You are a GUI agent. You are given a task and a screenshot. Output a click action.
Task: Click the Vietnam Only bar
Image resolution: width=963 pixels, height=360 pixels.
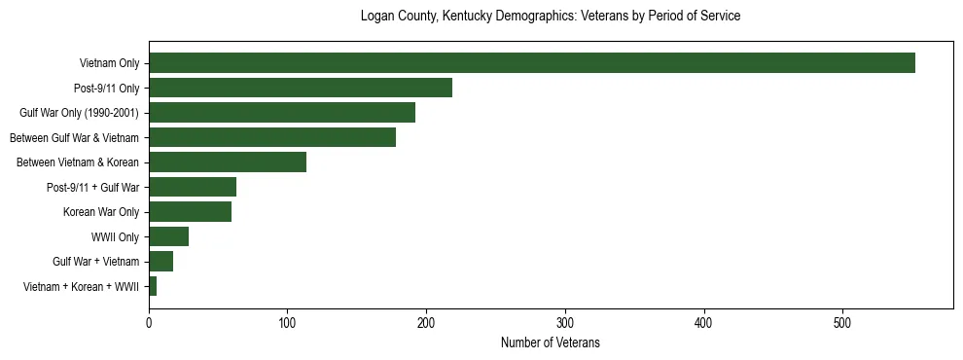point(531,63)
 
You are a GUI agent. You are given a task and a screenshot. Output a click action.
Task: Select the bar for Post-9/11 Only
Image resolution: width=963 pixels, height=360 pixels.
point(300,88)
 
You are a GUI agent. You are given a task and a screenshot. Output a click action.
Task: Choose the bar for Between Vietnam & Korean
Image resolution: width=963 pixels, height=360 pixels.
point(227,162)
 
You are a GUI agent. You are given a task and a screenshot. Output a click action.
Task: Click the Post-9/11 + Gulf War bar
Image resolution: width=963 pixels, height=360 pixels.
point(192,187)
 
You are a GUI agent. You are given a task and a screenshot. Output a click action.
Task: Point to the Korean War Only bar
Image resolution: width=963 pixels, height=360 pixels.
point(190,212)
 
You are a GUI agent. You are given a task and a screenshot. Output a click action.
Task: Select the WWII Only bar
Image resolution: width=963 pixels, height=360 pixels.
point(168,236)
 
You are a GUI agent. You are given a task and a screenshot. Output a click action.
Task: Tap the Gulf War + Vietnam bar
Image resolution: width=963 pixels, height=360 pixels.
point(160,262)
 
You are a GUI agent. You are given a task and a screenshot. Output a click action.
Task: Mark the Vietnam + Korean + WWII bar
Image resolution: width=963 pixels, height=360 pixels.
point(153,286)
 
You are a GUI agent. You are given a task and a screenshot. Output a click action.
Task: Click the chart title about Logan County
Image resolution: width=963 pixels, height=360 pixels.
point(551,17)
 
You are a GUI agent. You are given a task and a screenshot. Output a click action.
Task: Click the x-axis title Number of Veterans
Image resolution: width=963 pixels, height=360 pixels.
point(551,342)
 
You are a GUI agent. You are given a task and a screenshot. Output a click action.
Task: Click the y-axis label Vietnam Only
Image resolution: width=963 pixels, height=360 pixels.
point(109,64)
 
